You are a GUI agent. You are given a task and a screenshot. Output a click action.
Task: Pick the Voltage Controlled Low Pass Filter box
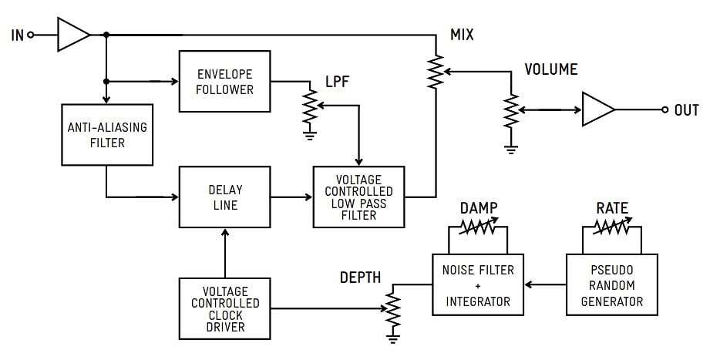tap(358, 197)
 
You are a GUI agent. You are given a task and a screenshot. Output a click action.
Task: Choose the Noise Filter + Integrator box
tap(478, 285)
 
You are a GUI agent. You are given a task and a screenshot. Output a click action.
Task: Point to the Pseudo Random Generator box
tap(612, 285)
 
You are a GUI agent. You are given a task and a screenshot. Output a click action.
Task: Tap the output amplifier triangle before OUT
tap(598, 110)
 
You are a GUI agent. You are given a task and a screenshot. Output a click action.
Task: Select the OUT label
tap(686, 110)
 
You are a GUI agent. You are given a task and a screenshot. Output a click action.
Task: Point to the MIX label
tap(462, 35)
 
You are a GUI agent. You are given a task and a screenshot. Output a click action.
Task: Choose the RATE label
tap(612, 208)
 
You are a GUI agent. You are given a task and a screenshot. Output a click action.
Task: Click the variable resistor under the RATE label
tap(612, 227)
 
